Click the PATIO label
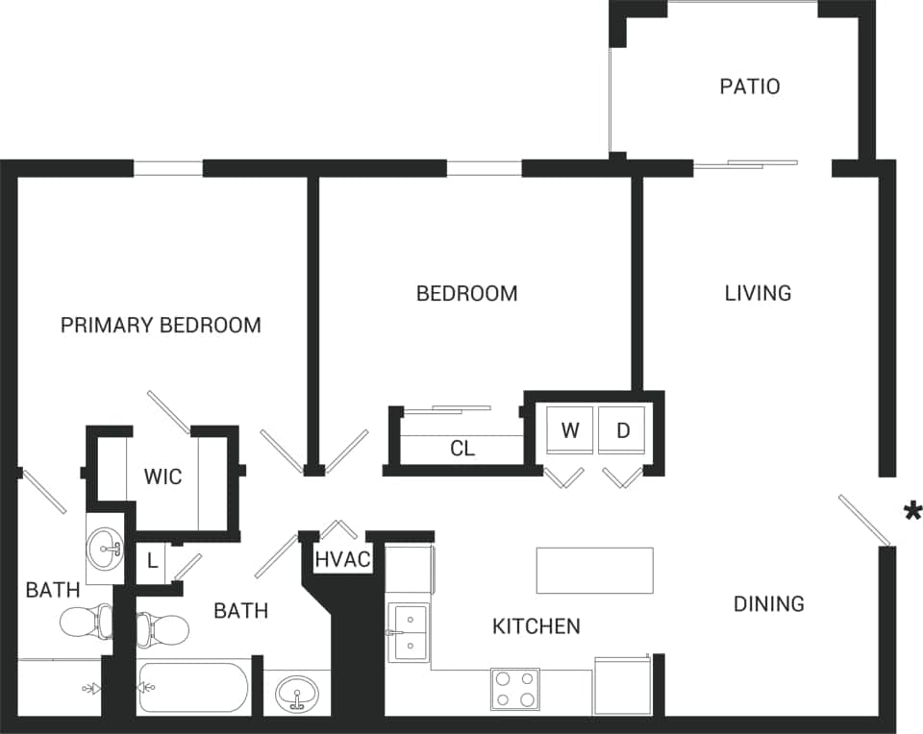coord(750,86)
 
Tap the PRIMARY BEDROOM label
coord(161,325)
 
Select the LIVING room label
coord(758,293)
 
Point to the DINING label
coord(768,603)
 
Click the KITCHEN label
coord(536,626)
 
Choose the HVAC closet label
coord(342,559)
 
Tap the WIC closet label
coord(162,477)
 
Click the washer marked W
coord(571,429)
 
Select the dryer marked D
coord(623,429)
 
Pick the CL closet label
coord(462,449)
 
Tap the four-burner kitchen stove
coord(514,689)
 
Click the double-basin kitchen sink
coord(408,633)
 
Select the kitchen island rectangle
coord(594,571)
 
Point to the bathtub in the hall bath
coord(192,688)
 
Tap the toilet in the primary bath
coord(86,622)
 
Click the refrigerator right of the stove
coord(623,686)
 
